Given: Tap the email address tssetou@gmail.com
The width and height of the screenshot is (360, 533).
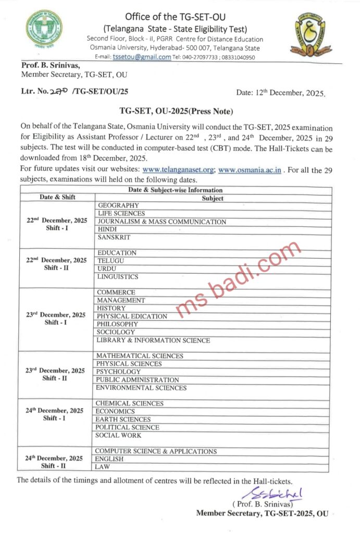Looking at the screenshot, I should tap(141, 57).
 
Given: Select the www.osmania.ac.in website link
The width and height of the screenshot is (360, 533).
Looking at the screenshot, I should tap(251, 170).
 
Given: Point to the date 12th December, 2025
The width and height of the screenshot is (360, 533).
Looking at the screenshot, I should tap(280, 93).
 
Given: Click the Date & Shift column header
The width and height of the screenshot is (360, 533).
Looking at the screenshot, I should tap(58, 198).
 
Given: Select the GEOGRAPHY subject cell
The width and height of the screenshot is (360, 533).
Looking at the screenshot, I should tap(118, 206).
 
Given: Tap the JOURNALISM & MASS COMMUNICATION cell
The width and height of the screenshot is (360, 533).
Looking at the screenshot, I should tap(162, 222).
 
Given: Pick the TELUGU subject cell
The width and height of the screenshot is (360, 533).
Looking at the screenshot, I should tap(111, 261).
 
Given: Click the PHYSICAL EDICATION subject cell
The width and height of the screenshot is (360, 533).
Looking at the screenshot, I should tap(132, 316).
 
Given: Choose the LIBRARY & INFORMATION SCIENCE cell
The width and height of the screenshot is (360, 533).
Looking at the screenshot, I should tap(153, 340).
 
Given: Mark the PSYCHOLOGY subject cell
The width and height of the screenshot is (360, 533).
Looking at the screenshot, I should tap(118, 372).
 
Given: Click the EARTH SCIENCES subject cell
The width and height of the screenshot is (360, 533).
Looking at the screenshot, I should tap(123, 420).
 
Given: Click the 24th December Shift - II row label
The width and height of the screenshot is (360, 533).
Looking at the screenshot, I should tap(55, 462).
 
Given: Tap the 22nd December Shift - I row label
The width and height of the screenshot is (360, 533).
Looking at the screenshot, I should tap(57, 224).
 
